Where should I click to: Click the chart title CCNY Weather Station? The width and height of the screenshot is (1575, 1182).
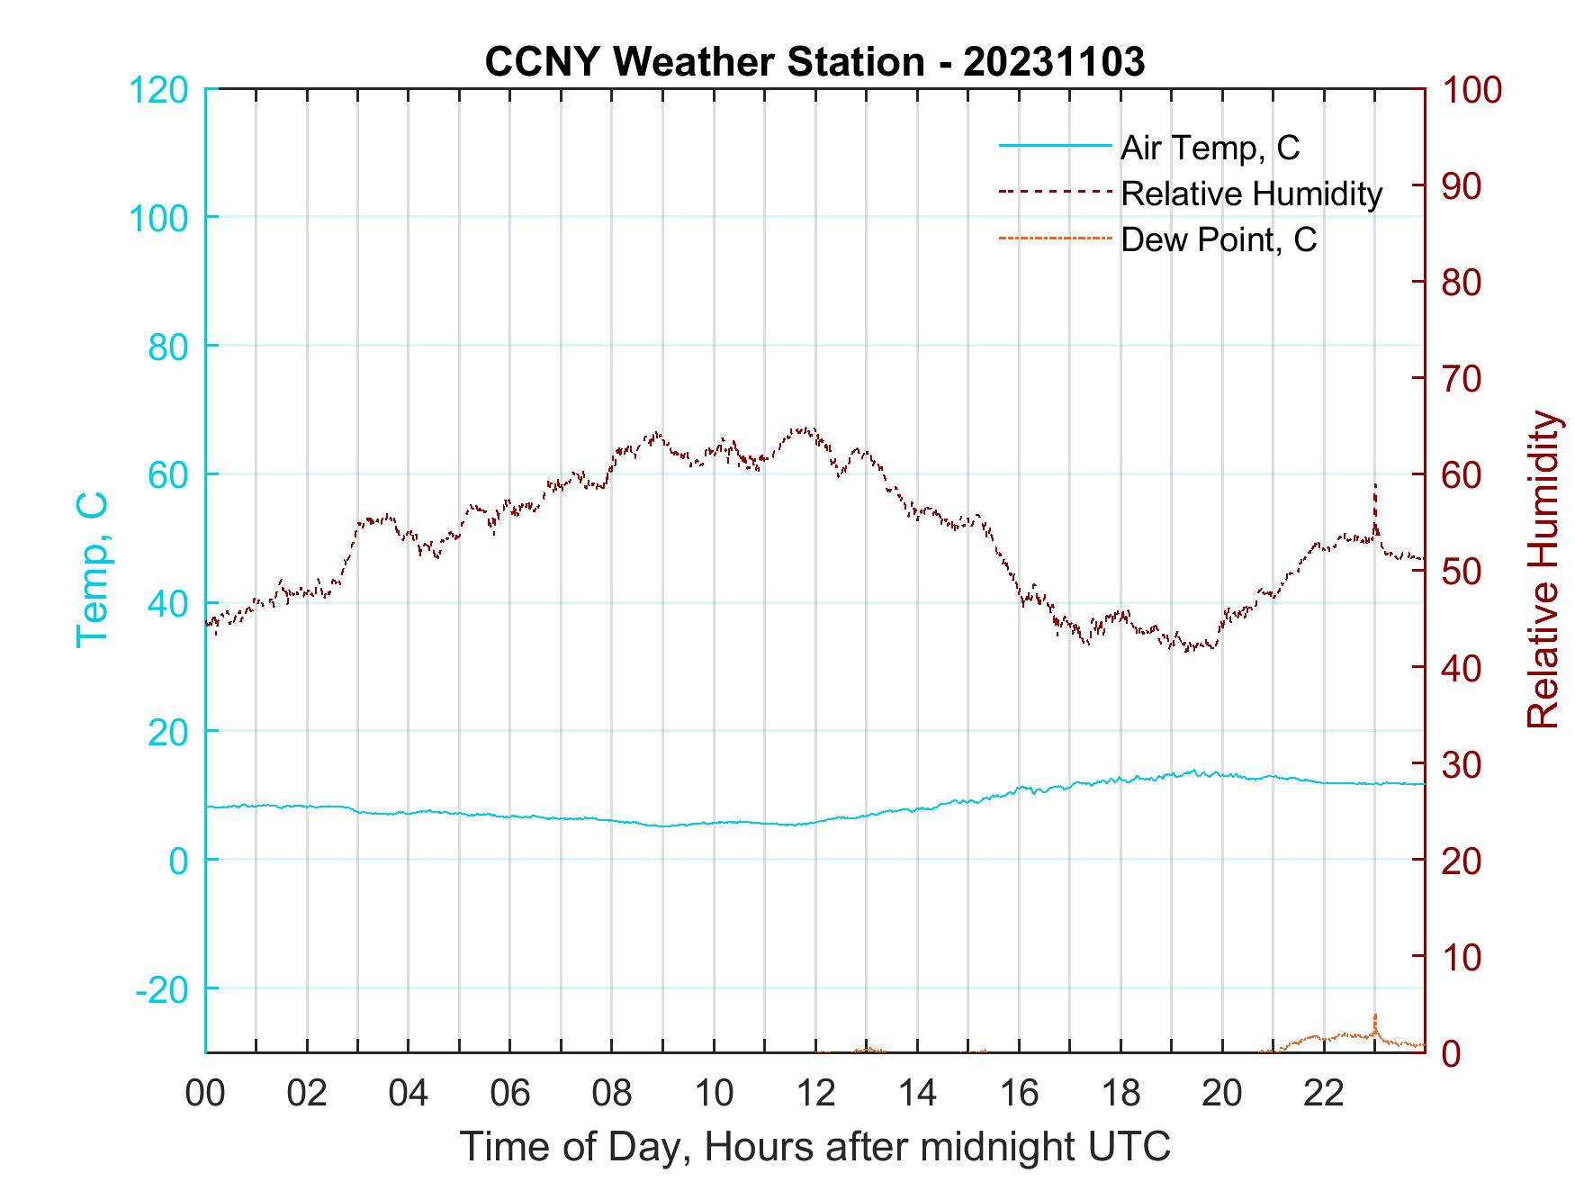tap(814, 61)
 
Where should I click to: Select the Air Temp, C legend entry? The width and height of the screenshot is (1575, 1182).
tap(1210, 148)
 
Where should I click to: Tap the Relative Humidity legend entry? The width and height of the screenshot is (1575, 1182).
tap(1251, 194)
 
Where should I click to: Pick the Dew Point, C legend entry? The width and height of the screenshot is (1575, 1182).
tap(1219, 240)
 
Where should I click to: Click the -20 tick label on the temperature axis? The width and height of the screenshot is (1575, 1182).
tap(163, 989)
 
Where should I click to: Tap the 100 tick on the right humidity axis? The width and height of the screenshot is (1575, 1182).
tap(1471, 90)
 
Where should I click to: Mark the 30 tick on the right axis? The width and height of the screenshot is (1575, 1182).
tap(1462, 764)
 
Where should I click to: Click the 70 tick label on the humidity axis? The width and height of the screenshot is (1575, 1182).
tap(1462, 379)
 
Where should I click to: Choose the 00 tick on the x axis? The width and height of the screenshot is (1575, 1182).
tap(205, 1094)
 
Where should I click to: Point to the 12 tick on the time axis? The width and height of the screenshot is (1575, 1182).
tap(815, 1094)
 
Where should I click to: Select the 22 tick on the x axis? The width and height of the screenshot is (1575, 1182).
tap(1324, 1094)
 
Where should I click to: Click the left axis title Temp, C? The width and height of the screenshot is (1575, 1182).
tap(92, 570)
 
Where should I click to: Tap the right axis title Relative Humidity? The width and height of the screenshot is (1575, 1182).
tap(1543, 570)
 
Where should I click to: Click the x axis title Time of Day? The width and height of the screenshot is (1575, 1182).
tap(814, 1147)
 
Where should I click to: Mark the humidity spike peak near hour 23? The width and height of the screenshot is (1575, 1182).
tap(1375, 484)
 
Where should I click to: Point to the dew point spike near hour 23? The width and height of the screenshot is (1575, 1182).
tap(1375, 1015)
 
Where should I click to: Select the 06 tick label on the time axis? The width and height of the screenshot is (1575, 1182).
tap(510, 1094)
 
